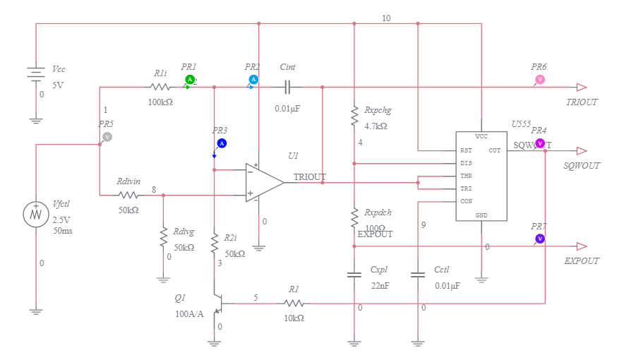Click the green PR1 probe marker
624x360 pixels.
point(189,79)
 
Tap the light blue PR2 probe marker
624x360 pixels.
point(253,79)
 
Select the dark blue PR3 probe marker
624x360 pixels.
point(221,143)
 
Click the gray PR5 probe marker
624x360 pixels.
point(107,136)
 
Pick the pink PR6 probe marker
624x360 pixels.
point(539,79)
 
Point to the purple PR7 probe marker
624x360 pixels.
point(539,239)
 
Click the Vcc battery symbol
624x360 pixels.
point(36,73)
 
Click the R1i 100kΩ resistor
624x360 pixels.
point(160,88)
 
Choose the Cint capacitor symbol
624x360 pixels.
point(287,88)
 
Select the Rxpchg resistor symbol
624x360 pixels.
point(354,116)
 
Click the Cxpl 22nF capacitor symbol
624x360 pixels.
point(354,275)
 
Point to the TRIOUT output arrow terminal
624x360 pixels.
point(582,88)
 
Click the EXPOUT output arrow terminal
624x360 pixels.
point(582,246)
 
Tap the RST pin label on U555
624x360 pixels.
point(466,150)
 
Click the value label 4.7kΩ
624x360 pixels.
point(376,126)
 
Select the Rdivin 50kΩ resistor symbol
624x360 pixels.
point(128,195)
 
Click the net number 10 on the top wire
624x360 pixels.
point(385,18)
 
